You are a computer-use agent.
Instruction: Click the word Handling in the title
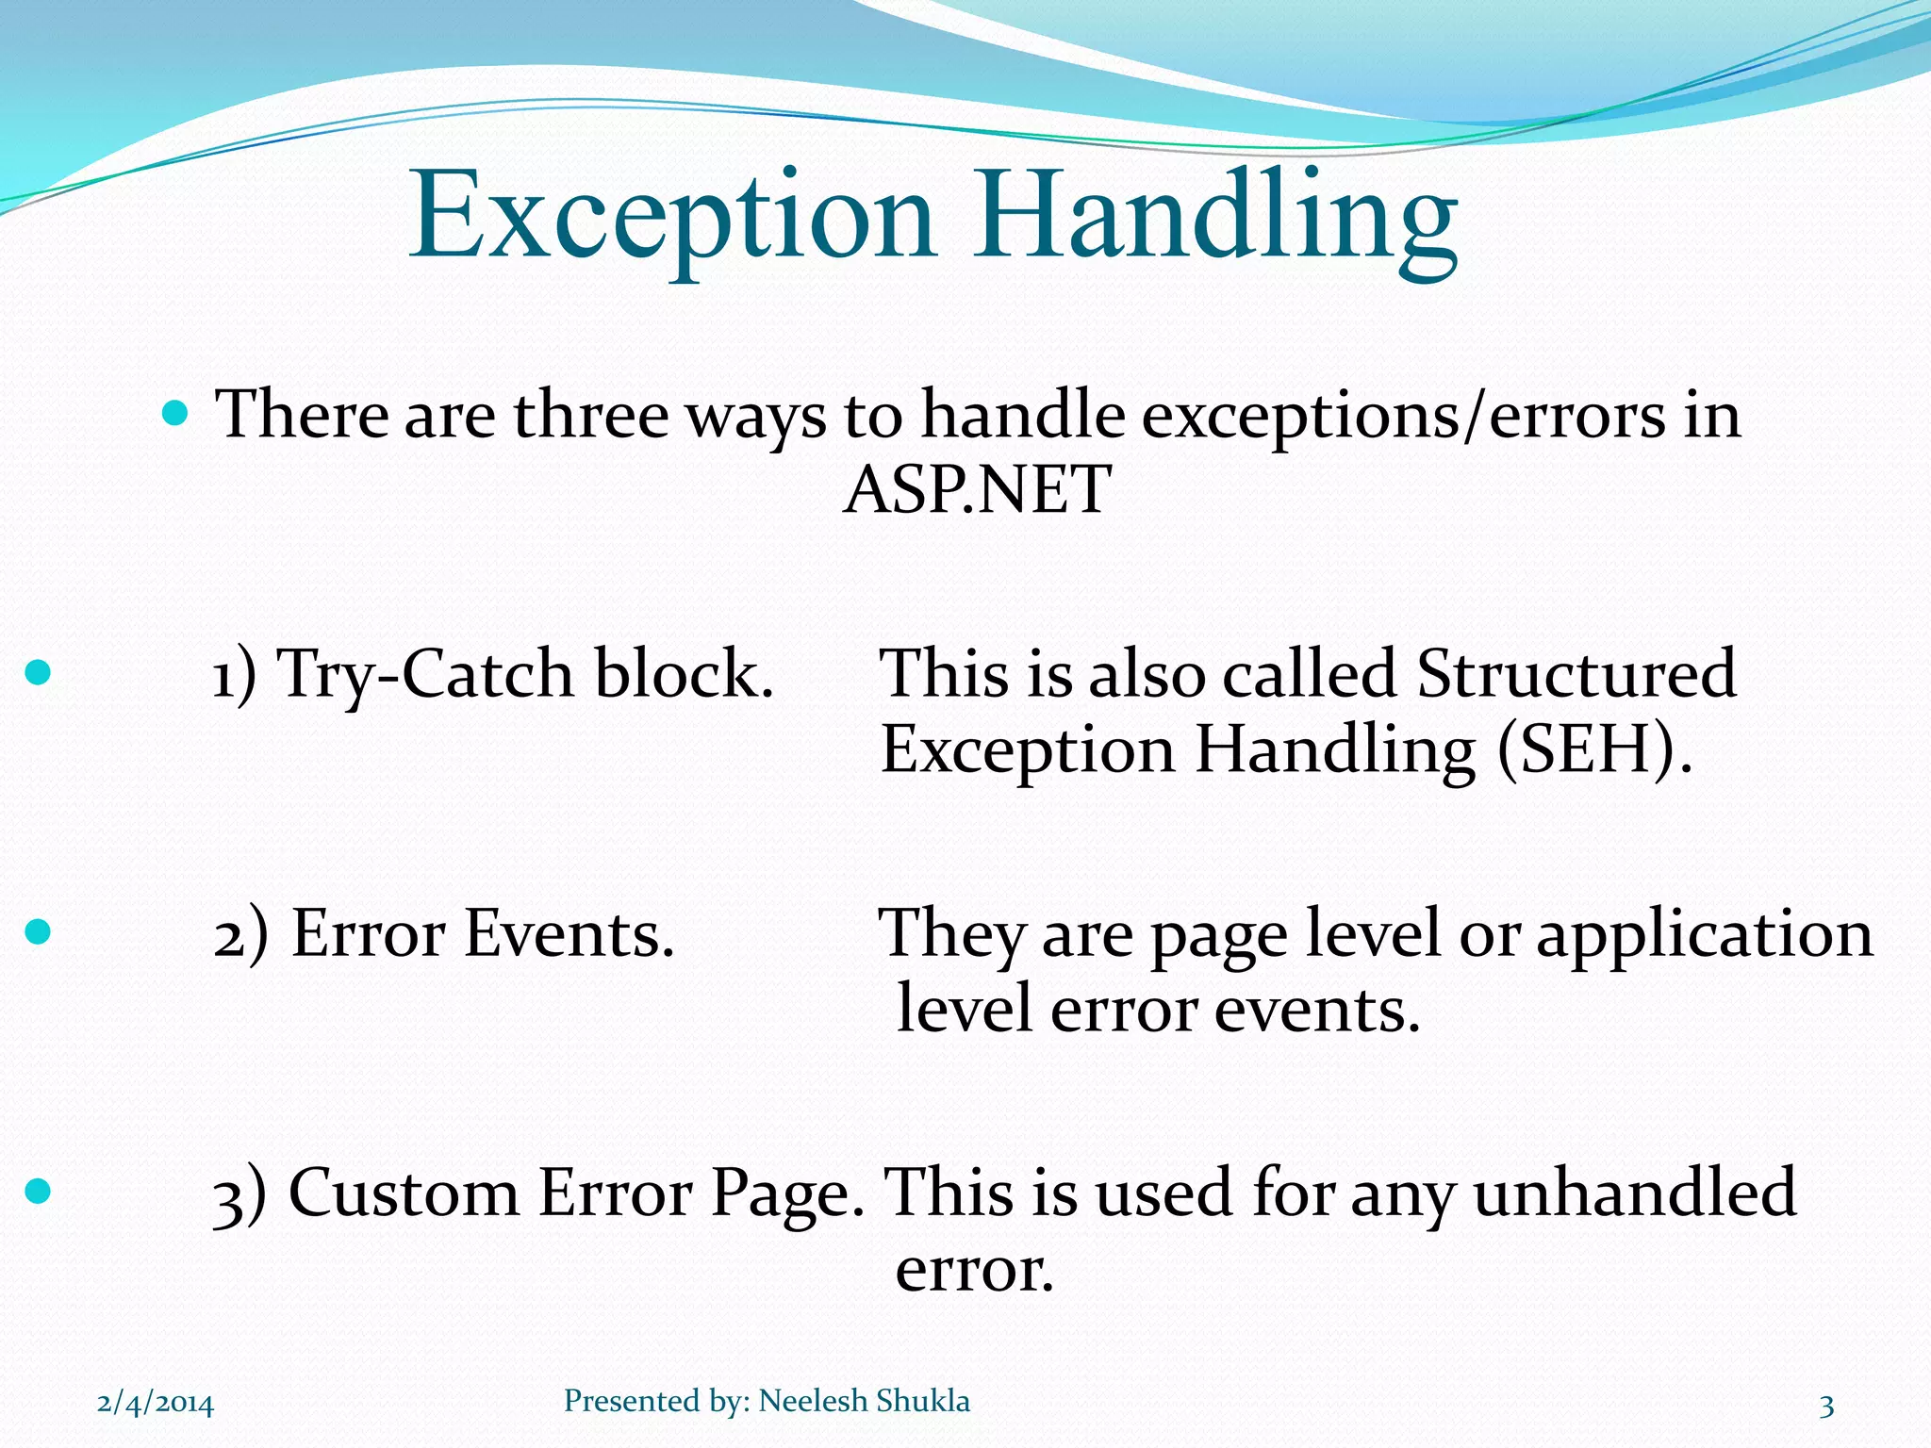tap(1216, 219)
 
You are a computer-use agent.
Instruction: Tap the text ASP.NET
tap(977, 490)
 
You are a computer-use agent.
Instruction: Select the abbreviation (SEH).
tap(1593, 751)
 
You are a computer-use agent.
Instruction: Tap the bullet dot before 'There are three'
tap(175, 413)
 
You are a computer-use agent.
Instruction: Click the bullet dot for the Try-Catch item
tap(38, 672)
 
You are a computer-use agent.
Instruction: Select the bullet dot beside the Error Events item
tap(38, 932)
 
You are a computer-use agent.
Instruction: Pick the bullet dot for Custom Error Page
tap(38, 1192)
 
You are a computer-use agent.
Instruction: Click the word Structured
tap(1576, 673)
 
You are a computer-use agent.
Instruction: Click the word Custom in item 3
tap(404, 1193)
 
